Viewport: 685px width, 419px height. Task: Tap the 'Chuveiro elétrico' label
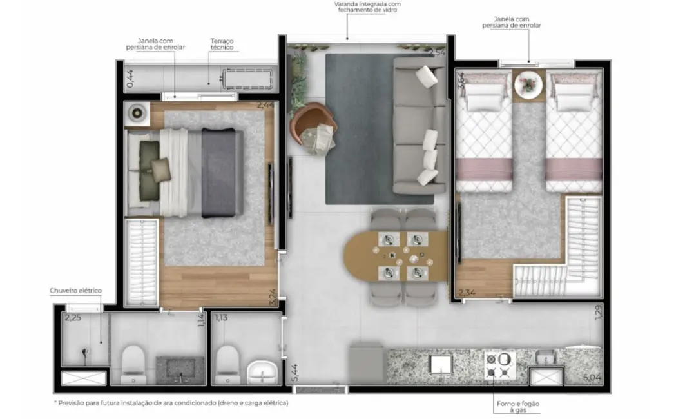click(x=75, y=291)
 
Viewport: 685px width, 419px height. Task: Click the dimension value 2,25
click(x=72, y=317)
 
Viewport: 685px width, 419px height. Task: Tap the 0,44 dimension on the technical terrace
click(x=130, y=78)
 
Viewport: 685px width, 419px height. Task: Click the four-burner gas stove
click(x=500, y=365)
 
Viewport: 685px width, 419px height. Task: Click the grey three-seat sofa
click(x=420, y=125)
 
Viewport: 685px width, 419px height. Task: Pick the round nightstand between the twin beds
click(x=530, y=84)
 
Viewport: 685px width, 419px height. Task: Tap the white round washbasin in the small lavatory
click(x=263, y=371)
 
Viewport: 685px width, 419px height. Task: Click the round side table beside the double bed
click(x=137, y=112)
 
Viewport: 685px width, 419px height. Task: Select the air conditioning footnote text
click(x=171, y=402)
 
